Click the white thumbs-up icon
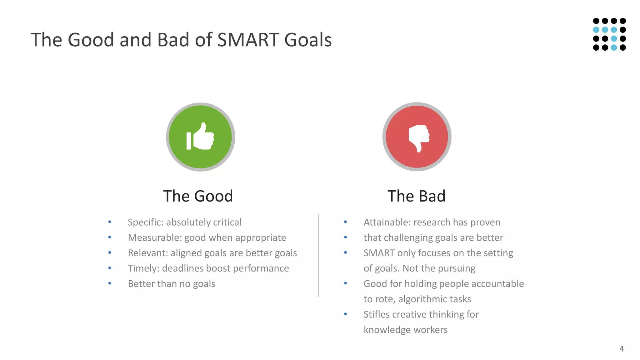(201, 137)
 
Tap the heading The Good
(198, 196)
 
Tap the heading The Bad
(416, 196)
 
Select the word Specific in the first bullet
(145, 222)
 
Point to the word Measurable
(154, 237)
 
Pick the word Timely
(143, 268)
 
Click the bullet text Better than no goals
(172, 284)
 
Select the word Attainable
(387, 222)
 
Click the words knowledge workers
(405, 330)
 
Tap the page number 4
(621, 349)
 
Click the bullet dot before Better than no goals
(110, 283)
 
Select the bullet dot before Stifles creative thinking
(345, 314)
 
